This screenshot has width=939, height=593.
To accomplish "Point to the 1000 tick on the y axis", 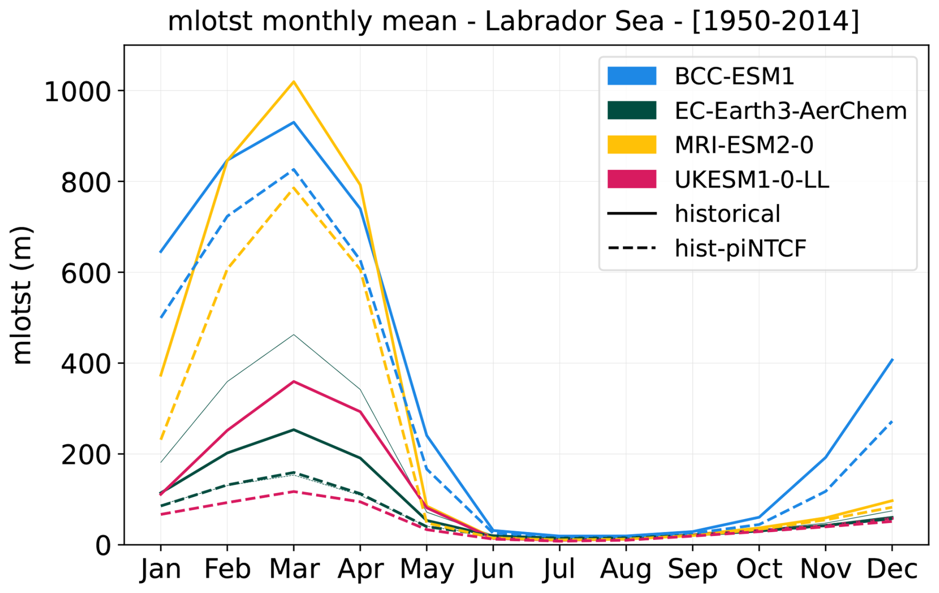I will point(77,92).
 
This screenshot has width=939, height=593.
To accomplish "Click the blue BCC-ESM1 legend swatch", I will point(632,76).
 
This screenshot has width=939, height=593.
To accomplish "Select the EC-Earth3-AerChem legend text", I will point(791,111).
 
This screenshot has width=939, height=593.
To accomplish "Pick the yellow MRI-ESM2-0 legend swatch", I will point(632,145).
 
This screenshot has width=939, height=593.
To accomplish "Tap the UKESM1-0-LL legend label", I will point(751,180).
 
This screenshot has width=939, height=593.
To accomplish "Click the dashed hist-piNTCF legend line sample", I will point(632,248).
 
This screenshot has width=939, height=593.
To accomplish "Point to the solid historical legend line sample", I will point(632,214).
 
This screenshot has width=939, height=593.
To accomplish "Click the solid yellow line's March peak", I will point(294,81).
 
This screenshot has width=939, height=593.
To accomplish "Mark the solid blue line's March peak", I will point(294,122).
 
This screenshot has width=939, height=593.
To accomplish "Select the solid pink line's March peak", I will point(294,381).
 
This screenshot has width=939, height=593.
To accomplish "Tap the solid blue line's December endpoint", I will point(892,359).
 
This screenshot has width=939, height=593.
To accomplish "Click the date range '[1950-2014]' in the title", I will point(776,21).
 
